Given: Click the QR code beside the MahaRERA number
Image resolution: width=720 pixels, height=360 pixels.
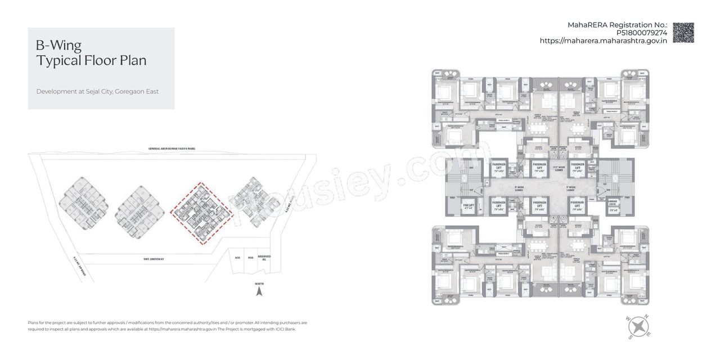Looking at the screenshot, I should tap(683, 33).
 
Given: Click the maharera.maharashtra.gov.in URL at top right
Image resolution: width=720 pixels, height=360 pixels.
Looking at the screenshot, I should tap(604, 41).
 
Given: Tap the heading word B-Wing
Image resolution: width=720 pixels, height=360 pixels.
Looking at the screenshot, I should tap(58, 46).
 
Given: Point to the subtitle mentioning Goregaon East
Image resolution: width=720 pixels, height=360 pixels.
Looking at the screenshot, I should tap(97, 91).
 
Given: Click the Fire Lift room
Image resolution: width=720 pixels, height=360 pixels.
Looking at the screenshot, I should tap(467, 205).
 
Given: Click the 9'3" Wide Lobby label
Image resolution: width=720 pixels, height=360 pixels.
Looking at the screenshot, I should tap(559, 168).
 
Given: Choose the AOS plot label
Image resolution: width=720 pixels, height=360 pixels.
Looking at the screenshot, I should tap(237, 258).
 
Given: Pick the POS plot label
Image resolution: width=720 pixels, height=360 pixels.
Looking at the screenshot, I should tap(250, 258).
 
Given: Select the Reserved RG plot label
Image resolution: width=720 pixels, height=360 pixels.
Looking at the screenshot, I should tap(264, 258).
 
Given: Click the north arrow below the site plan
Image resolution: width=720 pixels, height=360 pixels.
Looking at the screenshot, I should tap(259, 291).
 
